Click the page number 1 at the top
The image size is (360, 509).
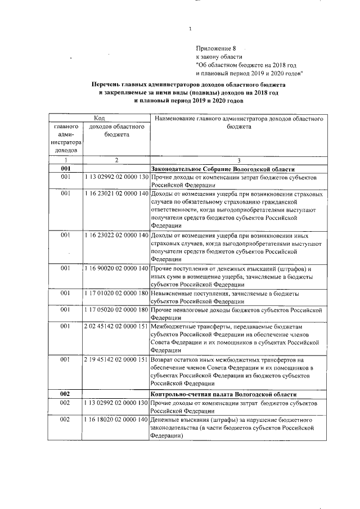(x=191, y=29)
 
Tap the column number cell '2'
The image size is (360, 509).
(x=116, y=160)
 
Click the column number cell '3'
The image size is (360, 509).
(x=238, y=160)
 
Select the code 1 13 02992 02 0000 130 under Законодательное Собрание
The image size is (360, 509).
(x=116, y=178)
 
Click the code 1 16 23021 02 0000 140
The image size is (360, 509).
(x=116, y=193)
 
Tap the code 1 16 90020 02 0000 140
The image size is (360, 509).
(x=116, y=269)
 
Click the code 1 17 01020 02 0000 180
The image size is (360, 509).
(x=116, y=294)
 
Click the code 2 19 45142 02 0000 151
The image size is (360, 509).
(x=116, y=359)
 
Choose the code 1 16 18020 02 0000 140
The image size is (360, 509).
(x=116, y=420)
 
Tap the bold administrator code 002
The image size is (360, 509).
(x=65, y=395)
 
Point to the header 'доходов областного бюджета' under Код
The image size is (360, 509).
(x=116, y=131)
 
